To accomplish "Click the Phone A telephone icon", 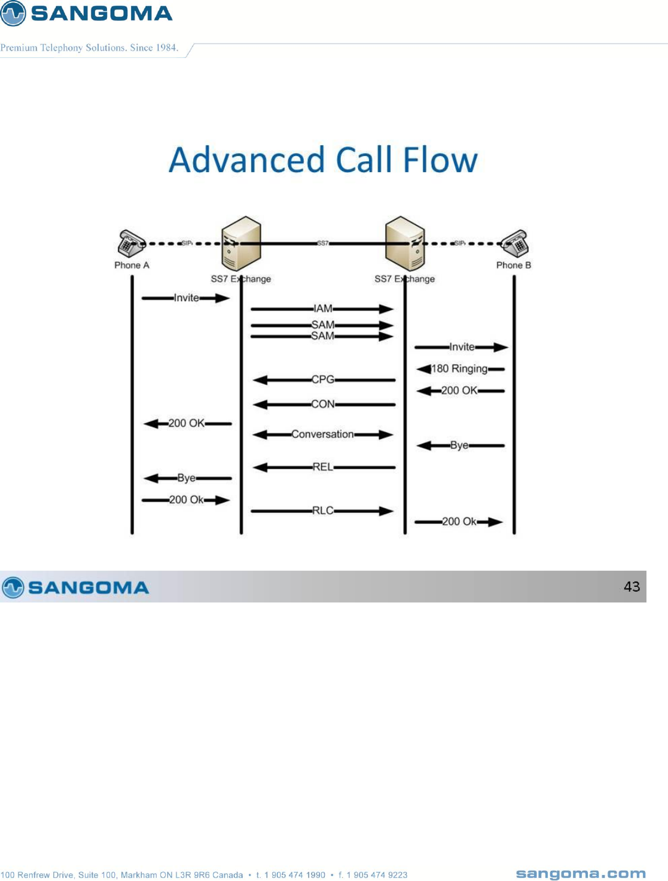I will [x=131, y=243].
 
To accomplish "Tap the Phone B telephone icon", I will [x=515, y=243].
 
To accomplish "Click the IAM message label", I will [x=322, y=308].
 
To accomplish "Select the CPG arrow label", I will [x=322, y=380].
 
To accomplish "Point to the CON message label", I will [x=322, y=404].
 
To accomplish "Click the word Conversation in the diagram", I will [x=322, y=434].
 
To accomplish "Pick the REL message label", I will [x=322, y=467].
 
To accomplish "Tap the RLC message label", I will [x=322, y=510].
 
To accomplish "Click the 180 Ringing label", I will [x=459, y=369].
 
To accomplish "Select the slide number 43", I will [x=632, y=586].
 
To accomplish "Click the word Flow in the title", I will [x=440, y=160].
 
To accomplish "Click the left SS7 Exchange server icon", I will [x=241, y=243].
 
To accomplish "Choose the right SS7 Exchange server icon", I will [x=405, y=243].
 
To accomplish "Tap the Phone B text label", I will [x=513, y=265].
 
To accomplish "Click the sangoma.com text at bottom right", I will [x=580, y=874].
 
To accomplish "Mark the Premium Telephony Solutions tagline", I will [x=89, y=48].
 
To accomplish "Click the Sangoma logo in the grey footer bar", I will [x=75, y=587].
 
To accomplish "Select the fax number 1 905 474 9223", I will [x=377, y=875].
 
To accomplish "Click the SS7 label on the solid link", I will [x=322, y=243].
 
